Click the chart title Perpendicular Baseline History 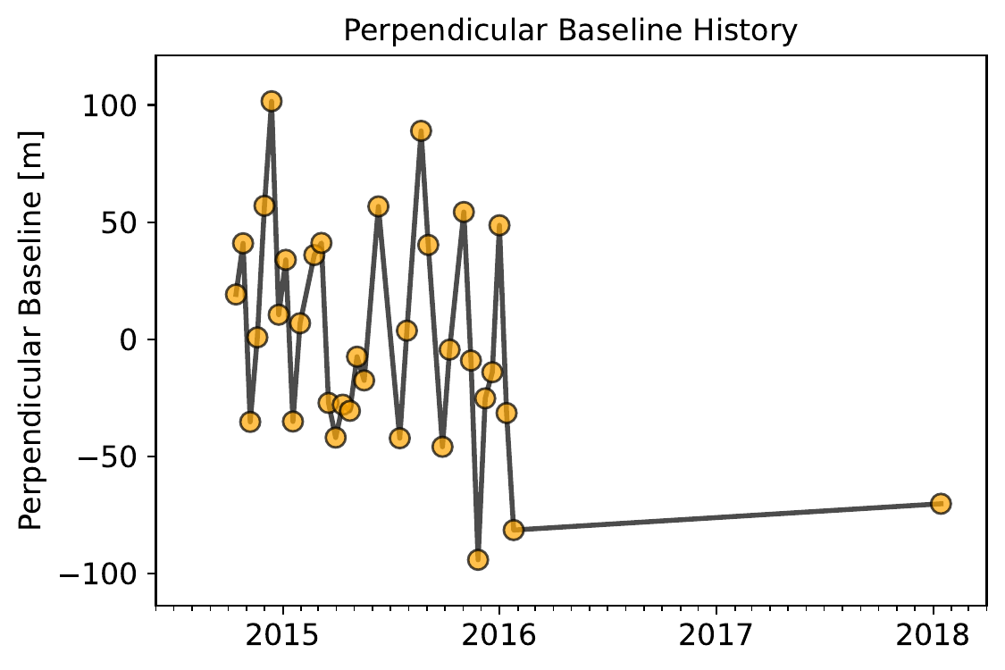pyautogui.click(x=571, y=30)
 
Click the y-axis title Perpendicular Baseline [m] pyautogui.click(x=30, y=331)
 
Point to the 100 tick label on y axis pyautogui.click(x=110, y=105)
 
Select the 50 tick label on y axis pyautogui.click(x=120, y=223)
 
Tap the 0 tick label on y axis pyautogui.click(x=130, y=339)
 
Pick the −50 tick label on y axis pyautogui.click(x=109, y=457)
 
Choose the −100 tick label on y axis pyautogui.click(x=99, y=574)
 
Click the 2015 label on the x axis pyautogui.click(x=282, y=635)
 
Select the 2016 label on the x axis pyautogui.click(x=498, y=635)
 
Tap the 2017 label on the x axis pyautogui.click(x=716, y=635)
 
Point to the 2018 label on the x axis pyautogui.click(x=933, y=635)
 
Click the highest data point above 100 pyautogui.click(x=271, y=101)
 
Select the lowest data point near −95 pyautogui.click(x=478, y=560)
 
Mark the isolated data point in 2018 pyautogui.click(x=941, y=503)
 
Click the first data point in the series pyautogui.click(x=236, y=294)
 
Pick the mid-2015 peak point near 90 pyautogui.click(x=421, y=131)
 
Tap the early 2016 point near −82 pyautogui.click(x=514, y=530)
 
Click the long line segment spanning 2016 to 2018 pyautogui.click(x=727, y=516)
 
